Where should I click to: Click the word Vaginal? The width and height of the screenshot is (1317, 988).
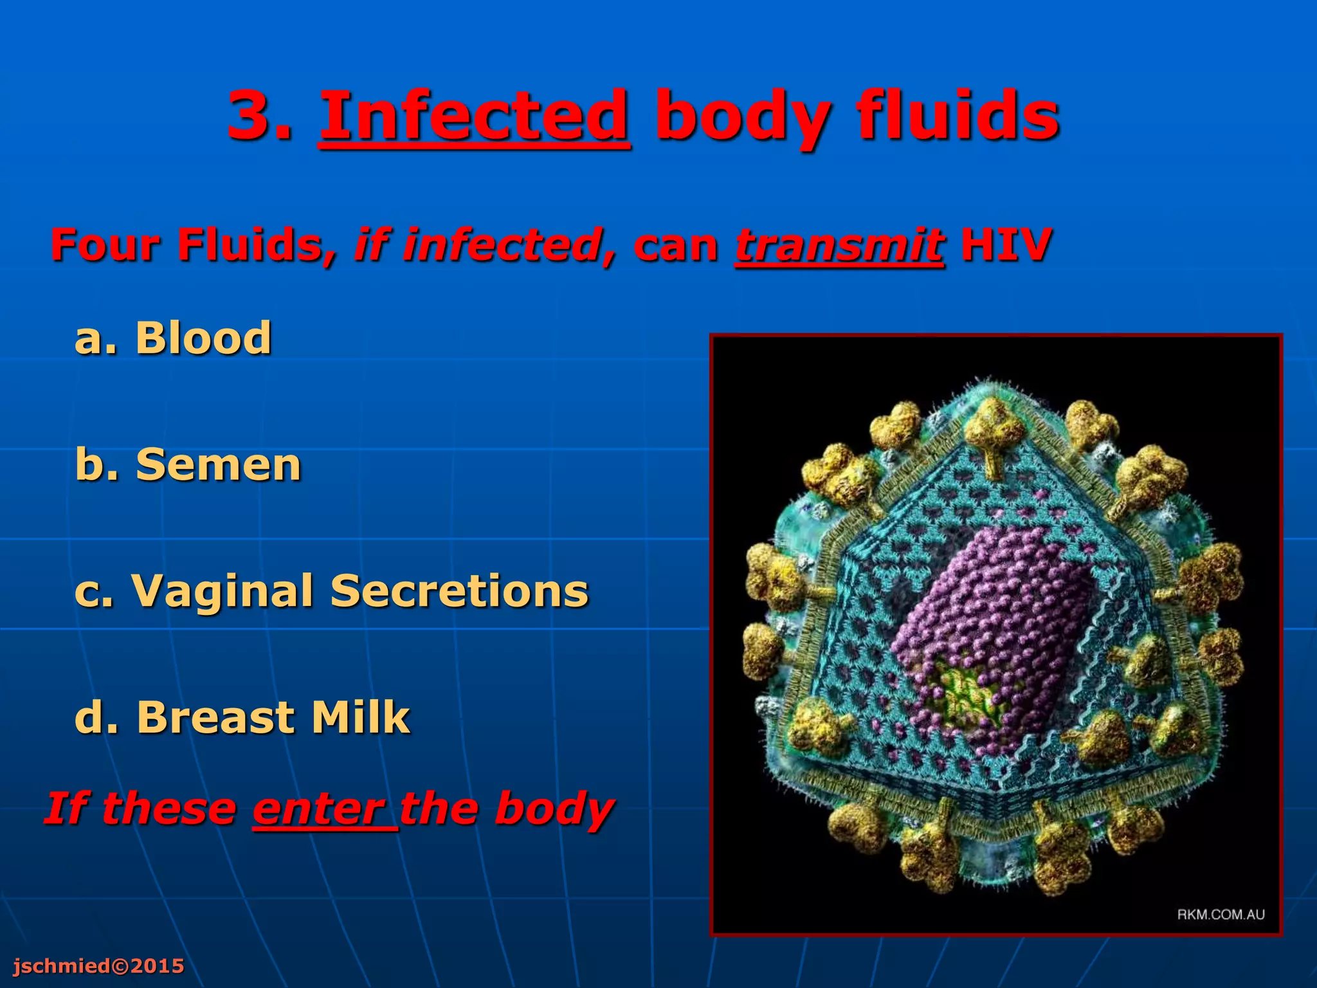(x=222, y=591)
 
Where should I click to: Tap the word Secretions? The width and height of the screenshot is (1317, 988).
(x=459, y=591)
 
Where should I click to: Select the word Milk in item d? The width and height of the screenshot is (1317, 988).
(x=361, y=717)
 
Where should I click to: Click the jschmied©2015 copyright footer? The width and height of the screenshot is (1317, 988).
(x=98, y=965)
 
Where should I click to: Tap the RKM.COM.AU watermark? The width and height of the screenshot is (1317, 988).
(x=1221, y=914)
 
